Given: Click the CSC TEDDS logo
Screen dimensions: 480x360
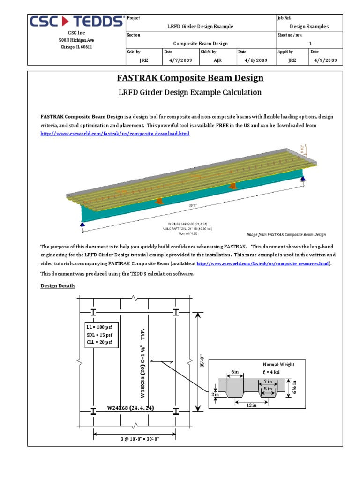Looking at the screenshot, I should tap(77, 22).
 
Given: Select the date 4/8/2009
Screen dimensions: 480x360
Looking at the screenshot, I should tap(256, 60).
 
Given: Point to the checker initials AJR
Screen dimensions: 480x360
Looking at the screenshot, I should tap(217, 60).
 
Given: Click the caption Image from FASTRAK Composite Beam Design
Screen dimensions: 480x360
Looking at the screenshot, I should tap(286, 234).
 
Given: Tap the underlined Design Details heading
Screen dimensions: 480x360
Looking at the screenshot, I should tap(58, 286).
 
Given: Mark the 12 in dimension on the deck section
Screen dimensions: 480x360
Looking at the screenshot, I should tap(252, 405).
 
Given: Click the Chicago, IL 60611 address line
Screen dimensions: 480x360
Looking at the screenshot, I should tap(77, 47).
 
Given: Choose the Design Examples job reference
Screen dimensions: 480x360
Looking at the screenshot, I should tap(309, 27).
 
